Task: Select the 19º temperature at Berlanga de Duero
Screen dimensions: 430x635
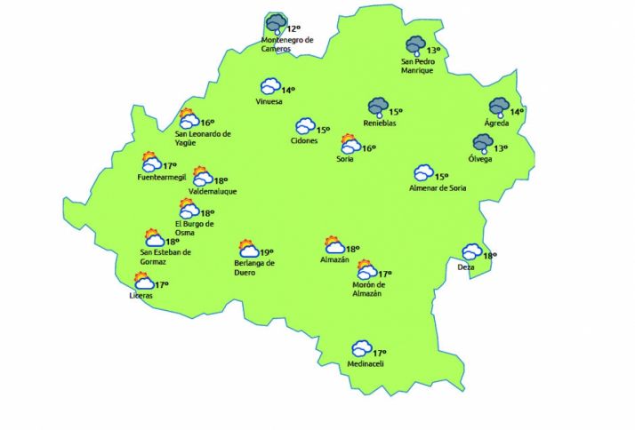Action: coord(266,252)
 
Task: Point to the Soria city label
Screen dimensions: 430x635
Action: coord(345,159)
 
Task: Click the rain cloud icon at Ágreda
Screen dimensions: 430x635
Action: coord(498,107)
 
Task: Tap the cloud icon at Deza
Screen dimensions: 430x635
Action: coord(471,252)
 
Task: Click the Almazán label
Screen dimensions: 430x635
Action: coord(334,259)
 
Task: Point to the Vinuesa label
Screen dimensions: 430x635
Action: coord(269,101)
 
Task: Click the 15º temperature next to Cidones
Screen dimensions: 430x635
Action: coord(324,130)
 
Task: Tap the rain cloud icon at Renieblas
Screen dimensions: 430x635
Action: coord(380,108)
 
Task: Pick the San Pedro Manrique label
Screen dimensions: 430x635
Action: coord(418,66)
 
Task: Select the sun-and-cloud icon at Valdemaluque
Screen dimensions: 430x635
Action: coord(203,176)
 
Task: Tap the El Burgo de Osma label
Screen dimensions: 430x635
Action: coord(195,228)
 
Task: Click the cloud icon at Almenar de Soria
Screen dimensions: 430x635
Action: coord(423,173)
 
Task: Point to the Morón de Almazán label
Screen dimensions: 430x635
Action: coord(366,290)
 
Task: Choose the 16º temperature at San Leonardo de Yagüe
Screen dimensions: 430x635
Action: coord(208,123)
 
